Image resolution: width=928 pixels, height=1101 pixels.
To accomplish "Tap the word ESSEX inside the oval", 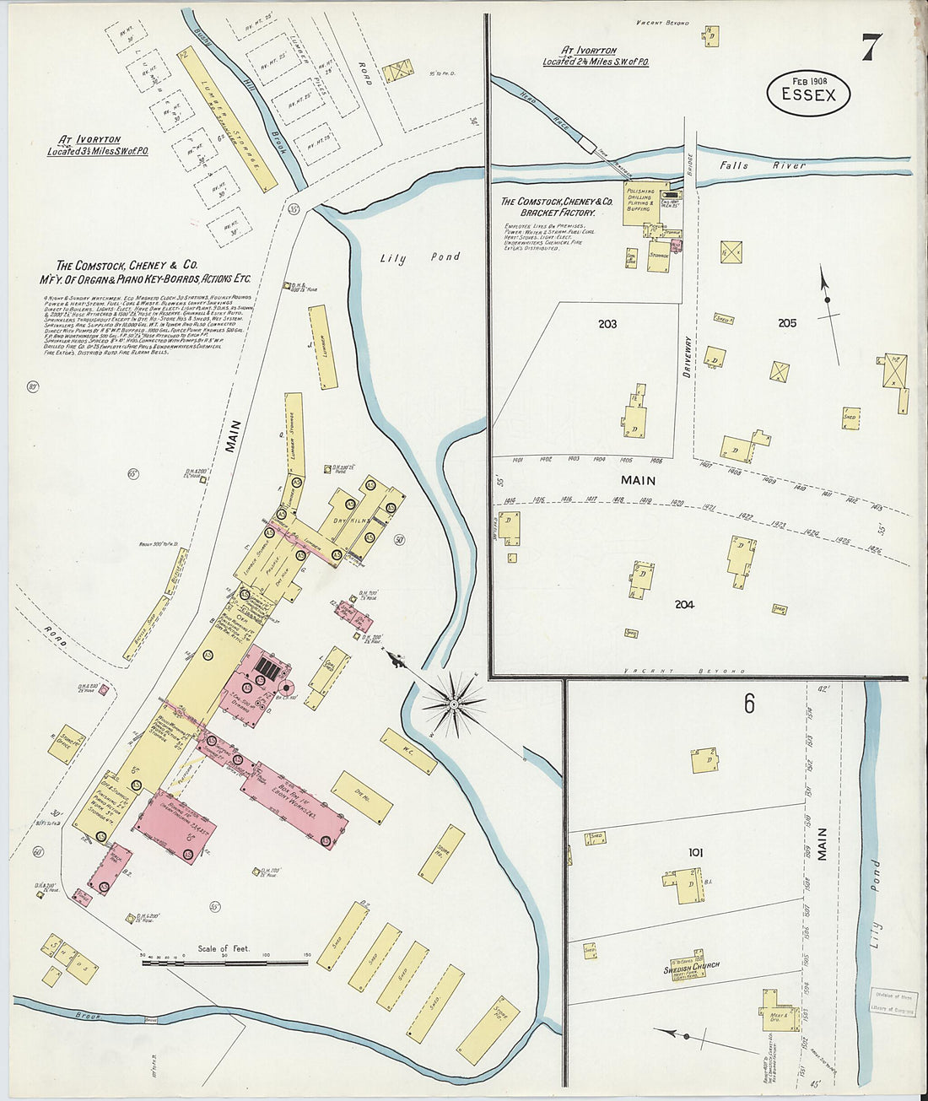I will tap(808, 94).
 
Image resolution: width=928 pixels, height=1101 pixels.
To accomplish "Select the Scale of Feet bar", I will tap(224, 961).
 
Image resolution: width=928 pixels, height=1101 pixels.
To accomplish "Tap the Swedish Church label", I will tap(691, 966).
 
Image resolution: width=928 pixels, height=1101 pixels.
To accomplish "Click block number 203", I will tap(607, 324).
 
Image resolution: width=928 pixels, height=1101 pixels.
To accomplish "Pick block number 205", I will tap(787, 323).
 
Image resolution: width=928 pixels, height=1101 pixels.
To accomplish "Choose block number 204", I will tap(684, 604).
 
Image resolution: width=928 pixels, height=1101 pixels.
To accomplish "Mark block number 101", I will tap(695, 852).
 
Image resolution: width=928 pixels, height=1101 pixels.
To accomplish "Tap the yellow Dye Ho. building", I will tap(362, 796).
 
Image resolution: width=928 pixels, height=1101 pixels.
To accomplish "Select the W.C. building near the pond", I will tap(408, 751).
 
